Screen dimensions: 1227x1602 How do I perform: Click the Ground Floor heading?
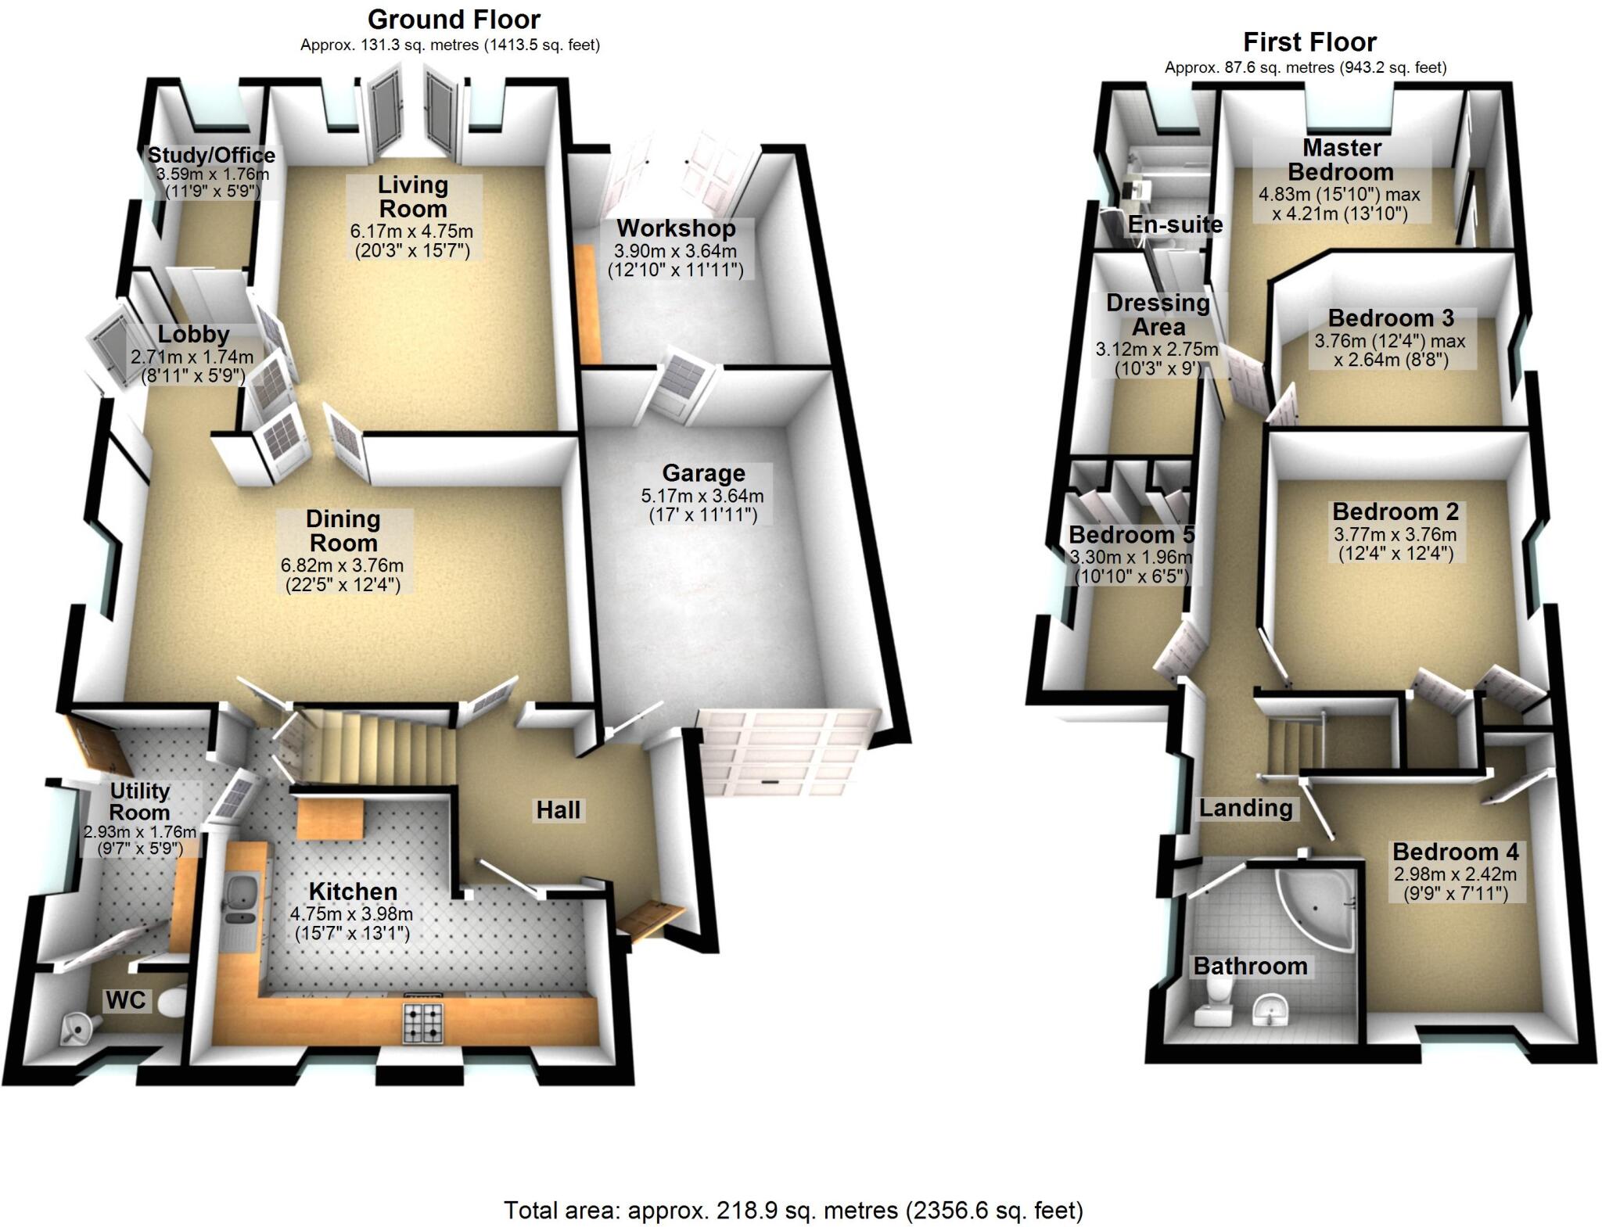tap(454, 19)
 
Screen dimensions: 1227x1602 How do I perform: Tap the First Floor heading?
tap(1309, 41)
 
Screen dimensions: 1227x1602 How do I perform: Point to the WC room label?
tap(125, 999)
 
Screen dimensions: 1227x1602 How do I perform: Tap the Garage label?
tap(703, 473)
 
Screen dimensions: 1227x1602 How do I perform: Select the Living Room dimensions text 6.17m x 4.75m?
tap(411, 231)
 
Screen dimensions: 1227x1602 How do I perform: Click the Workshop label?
tap(676, 228)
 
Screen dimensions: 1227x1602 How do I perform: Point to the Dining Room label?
tap(343, 530)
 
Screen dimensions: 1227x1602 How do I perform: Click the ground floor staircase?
tap(375, 743)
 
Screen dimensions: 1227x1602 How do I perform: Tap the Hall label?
tap(558, 810)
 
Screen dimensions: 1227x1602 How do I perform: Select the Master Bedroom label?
tap(1341, 160)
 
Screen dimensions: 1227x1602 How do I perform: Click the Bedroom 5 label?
tap(1131, 535)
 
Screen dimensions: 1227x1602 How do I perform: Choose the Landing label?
tap(1245, 808)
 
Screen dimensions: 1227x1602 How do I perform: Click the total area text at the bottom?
tap(793, 1211)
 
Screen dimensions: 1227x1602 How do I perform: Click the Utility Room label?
tap(139, 801)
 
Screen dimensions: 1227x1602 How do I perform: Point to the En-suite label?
tap(1175, 224)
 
